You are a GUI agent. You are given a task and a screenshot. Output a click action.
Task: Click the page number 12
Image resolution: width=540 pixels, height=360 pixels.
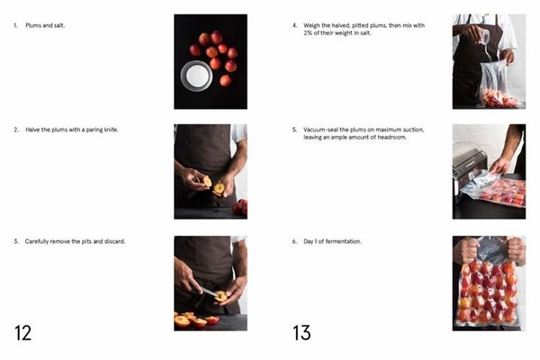(22, 332)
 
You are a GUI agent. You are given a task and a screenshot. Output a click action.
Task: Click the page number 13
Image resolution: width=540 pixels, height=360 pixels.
(301, 332)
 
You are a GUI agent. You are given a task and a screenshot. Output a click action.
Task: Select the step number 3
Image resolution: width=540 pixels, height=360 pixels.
(15, 242)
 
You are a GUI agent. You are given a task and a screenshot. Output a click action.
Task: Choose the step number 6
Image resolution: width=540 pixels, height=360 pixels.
(294, 242)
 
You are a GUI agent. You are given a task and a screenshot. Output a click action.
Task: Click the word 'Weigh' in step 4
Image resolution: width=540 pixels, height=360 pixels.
(312, 24)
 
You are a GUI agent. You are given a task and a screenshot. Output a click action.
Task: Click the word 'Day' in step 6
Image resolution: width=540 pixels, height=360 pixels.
(309, 242)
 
